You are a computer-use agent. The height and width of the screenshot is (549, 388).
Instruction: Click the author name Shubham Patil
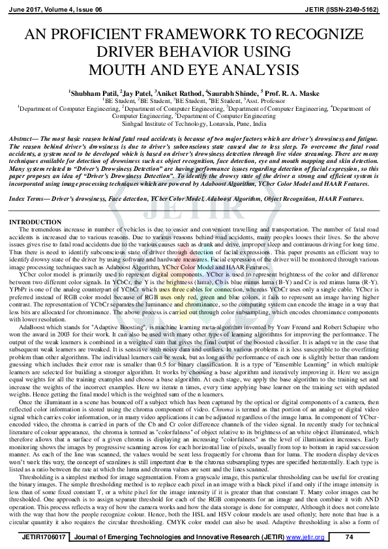coord(94,94)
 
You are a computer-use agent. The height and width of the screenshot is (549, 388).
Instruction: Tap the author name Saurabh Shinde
coord(231,94)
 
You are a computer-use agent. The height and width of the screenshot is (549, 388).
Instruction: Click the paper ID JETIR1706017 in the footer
coord(39,537)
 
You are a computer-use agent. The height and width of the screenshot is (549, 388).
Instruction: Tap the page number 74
coord(349,537)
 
